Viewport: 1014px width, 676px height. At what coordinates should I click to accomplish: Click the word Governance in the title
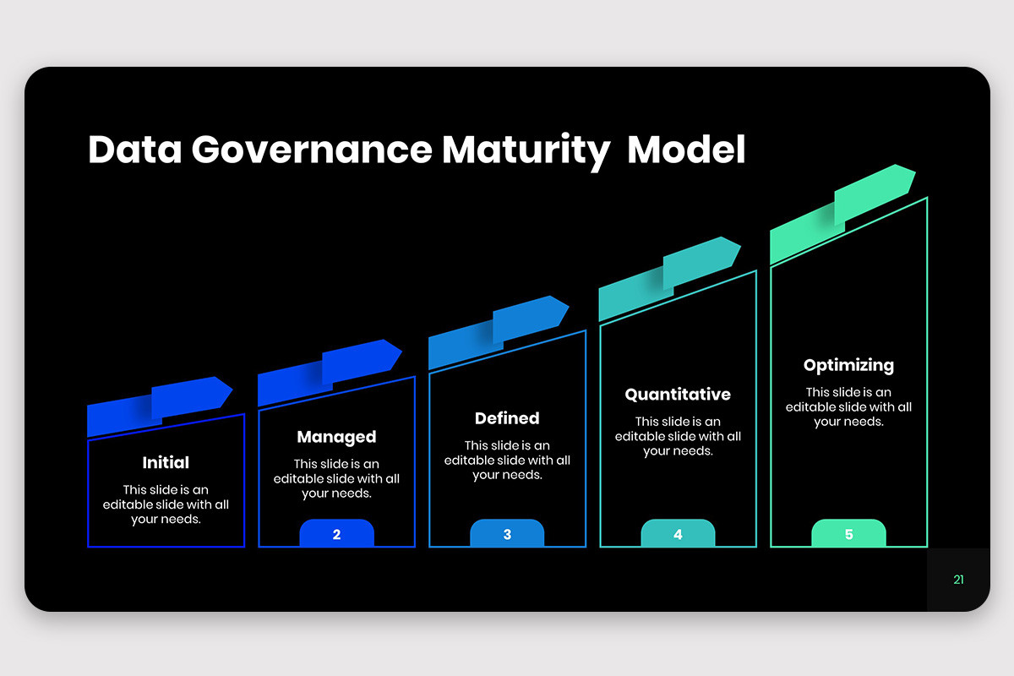(311, 150)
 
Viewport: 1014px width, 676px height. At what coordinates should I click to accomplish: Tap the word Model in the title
(686, 150)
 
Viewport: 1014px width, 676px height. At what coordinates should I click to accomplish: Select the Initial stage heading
(166, 462)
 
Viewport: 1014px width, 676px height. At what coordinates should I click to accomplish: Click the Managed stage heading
(336, 437)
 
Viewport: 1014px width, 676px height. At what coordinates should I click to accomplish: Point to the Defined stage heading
(507, 418)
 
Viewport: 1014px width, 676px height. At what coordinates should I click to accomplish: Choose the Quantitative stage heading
(678, 395)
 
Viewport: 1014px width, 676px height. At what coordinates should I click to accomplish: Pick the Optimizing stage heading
(848, 365)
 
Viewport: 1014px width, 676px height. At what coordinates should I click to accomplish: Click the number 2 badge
(336, 534)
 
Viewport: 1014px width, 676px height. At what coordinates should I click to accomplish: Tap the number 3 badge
(507, 534)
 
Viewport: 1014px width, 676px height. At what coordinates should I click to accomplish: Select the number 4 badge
(678, 534)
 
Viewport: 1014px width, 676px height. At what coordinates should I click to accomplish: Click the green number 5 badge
(848, 534)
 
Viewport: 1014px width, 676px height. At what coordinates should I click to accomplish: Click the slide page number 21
(958, 580)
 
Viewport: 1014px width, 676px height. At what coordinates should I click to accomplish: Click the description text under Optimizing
(848, 406)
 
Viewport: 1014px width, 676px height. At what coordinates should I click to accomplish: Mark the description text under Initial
(166, 504)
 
